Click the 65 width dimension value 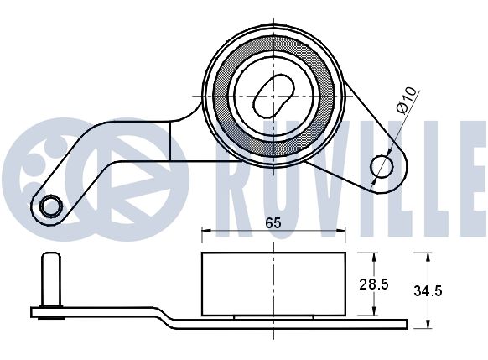coord(273,223)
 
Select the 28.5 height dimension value coord(374,284)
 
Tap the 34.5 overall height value coord(428,291)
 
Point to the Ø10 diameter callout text coord(406,100)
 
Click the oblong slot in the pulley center coord(273,96)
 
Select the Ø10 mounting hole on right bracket coord(382,166)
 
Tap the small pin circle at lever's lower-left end coord(51,206)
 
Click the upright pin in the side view coord(51,279)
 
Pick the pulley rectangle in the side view coord(273,284)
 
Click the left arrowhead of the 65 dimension coord(206,231)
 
